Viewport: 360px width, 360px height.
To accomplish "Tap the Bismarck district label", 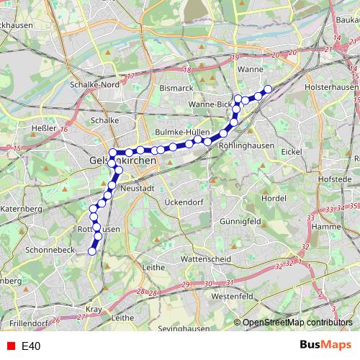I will tap(177, 88).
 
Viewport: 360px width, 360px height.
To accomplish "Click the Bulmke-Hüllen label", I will tap(183, 133).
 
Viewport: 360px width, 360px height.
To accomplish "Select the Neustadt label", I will tap(139, 187).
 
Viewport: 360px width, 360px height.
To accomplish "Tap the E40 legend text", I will tap(30, 346).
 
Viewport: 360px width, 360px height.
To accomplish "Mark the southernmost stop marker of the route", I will tap(91, 251).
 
